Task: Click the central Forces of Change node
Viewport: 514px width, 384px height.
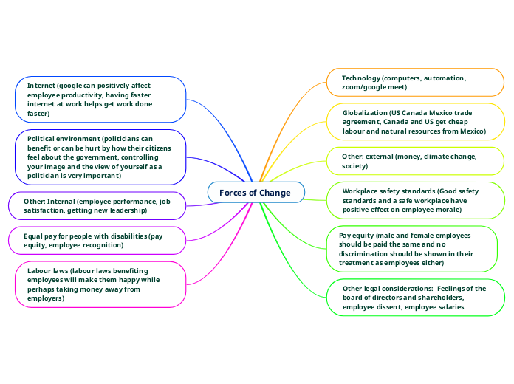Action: click(x=256, y=193)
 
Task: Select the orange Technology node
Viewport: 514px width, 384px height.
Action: click(x=414, y=82)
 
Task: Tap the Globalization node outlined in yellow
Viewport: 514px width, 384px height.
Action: click(x=414, y=122)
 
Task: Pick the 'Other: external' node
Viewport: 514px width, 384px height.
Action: click(x=414, y=162)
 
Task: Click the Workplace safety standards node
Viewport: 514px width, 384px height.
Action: click(x=414, y=200)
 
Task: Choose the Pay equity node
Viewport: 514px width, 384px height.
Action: click(x=411, y=249)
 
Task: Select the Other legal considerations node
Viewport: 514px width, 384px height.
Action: click(x=414, y=298)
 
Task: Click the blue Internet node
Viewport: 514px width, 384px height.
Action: click(x=100, y=100)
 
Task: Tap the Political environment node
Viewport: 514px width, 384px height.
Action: click(x=100, y=157)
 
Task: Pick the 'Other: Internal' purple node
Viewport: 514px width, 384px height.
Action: click(x=96, y=205)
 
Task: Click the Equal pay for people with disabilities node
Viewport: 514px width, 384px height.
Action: click(x=96, y=240)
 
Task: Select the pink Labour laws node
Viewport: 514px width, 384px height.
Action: click(x=100, y=284)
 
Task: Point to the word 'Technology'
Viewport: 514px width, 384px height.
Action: click(x=360, y=78)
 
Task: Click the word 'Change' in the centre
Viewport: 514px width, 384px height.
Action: click(x=275, y=193)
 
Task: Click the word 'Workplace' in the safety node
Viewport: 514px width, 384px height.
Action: click(x=361, y=191)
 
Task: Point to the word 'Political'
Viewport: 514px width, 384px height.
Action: click(x=43, y=138)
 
